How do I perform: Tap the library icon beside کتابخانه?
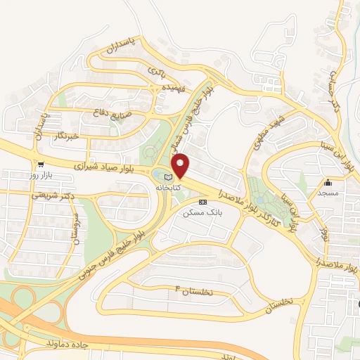click(167, 176)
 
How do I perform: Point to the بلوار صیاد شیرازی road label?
click(109, 167)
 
